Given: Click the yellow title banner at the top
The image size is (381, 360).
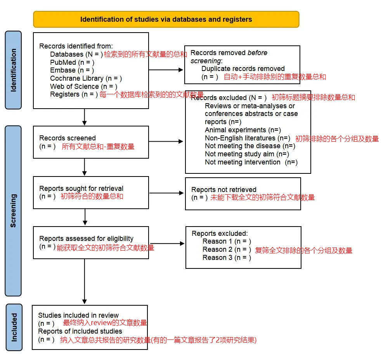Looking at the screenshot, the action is pyautogui.click(x=166, y=19).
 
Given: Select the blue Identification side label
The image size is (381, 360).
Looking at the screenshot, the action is pyautogui.click(x=13, y=70).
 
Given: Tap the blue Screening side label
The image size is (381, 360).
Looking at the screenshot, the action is pyautogui.click(x=13, y=211).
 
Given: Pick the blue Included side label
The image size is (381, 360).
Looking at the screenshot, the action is pyautogui.click(x=14, y=327).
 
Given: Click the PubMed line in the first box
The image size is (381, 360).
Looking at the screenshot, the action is pyautogui.click(x=72, y=62).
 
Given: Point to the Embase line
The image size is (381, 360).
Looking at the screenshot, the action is pyautogui.click(x=72, y=70).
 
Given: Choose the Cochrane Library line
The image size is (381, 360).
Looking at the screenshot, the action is pyautogui.click(x=86, y=78).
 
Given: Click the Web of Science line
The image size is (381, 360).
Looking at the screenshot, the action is pyautogui.click(x=83, y=87).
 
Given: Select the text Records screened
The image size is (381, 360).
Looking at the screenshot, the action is pyautogui.click(x=68, y=138).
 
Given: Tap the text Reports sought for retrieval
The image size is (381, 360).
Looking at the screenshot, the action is pyautogui.click(x=81, y=189).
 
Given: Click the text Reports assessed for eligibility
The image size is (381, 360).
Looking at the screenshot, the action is pyautogui.click(x=86, y=239).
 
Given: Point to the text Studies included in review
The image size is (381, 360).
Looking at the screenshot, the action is pyautogui.click(x=78, y=315).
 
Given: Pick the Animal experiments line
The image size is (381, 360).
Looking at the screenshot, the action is pyautogui.click(x=243, y=130).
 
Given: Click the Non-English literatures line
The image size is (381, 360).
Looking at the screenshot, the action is pyautogui.click(x=248, y=138).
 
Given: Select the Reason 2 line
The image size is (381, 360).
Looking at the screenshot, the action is pyautogui.click(x=227, y=249).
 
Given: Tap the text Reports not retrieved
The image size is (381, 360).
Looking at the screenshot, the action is pyautogui.click(x=224, y=189).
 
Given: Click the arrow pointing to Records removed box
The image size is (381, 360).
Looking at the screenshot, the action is pyautogui.click(x=166, y=70).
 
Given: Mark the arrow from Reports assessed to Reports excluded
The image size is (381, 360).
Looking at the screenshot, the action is pyautogui.click(x=168, y=243).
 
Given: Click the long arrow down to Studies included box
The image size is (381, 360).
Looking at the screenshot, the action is pyautogui.click(x=85, y=282).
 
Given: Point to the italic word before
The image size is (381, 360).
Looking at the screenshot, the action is pyautogui.click(x=257, y=53).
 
